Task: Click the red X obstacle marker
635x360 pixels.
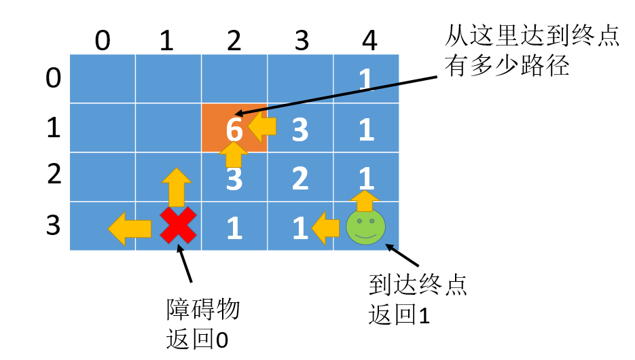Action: click(x=178, y=226)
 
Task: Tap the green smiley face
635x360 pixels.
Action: click(x=365, y=226)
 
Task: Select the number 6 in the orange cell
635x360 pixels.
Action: click(x=234, y=130)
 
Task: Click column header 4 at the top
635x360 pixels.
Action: click(x=369, y=41)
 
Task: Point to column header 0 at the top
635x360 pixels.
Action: click(x=102, y=41)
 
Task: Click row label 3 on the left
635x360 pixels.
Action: click(x=53, y=225)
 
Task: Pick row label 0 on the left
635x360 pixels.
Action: click(x=53, y=78)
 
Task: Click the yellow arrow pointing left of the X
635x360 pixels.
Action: click(x=130, y=228)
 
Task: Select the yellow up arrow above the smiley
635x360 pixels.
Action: click(x=365, y=200)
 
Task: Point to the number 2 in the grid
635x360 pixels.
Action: click(x=300, y=179)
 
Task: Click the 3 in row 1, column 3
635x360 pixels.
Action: click(x=300, y=130)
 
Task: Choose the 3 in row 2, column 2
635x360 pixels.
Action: click(x=234, y=180)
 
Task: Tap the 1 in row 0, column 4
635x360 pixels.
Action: click(x=366, y=81)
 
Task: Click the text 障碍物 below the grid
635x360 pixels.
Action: click(x=203, y=310)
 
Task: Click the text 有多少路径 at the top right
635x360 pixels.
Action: click(x=506, y=67)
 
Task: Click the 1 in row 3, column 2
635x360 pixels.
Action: click(x=234, y=229)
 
